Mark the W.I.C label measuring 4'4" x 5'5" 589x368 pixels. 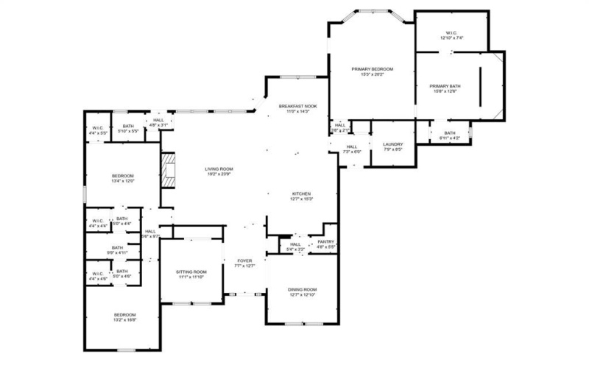[97, 130]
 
